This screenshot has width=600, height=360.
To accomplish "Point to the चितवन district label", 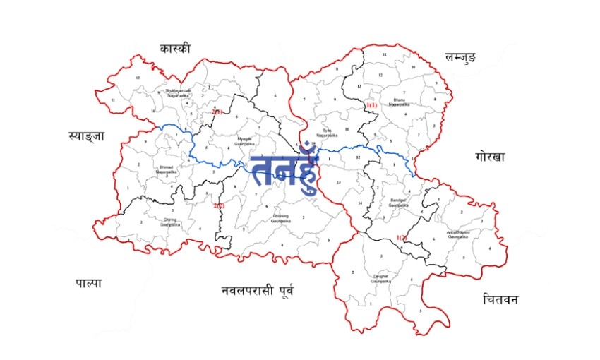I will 501,299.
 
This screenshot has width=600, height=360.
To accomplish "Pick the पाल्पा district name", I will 89,283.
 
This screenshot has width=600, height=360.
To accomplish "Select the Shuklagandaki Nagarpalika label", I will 178,92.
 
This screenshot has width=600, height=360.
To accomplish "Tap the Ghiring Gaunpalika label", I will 170,222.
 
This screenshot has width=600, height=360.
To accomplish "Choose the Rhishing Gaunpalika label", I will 281,219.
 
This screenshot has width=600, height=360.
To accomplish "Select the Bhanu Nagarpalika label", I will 399,102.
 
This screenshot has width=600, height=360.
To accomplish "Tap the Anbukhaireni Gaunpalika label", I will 459,234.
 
